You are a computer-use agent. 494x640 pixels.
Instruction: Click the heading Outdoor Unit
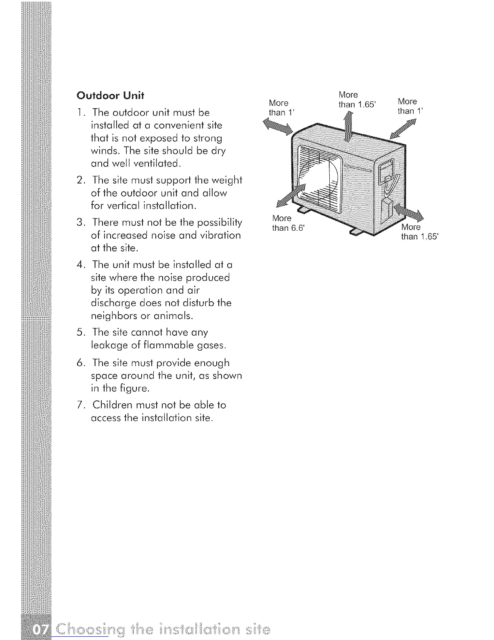(110, 96)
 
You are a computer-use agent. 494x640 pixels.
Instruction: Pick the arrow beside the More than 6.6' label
(291, 198)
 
